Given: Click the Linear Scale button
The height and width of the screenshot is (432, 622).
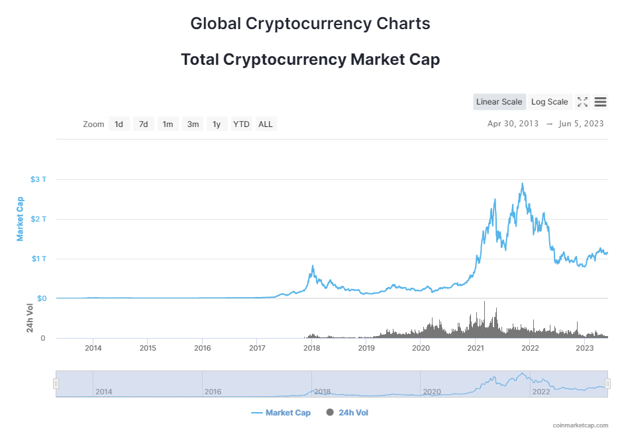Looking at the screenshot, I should [x=499, y=102].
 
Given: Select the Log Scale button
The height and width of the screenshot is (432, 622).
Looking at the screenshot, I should [x=549, y=102].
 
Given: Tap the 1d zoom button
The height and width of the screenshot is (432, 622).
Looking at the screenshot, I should [x=119, y=124].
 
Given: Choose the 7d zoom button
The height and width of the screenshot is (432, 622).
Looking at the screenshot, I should [x=143, y=124].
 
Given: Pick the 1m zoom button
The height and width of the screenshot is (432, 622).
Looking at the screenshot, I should [x=168, y=124].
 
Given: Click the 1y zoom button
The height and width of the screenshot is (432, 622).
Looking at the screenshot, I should [x=217, y=124].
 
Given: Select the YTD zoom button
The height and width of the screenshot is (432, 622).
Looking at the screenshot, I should [x=241, y=124].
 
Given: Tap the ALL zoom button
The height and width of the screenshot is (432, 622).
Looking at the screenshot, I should [x=266, y=124].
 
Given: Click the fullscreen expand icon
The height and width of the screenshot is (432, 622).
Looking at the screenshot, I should [x=583, y=102].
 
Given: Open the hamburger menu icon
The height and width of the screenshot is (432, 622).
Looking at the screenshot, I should [x=601, y=102].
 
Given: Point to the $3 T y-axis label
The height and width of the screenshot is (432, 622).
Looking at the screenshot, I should [x=38, y=179].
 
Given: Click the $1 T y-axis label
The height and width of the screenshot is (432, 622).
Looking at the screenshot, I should [x=38, y=259].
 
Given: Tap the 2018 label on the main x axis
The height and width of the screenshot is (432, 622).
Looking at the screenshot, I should [x=312, y=348].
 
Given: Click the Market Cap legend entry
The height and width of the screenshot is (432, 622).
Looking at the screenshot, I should [x=281, y=413].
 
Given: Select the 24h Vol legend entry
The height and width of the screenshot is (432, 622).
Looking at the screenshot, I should [x=348, y=413].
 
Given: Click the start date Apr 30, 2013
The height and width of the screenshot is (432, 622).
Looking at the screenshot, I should [x=513, y=124].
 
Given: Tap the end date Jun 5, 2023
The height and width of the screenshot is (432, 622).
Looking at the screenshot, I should [x=582, y=124].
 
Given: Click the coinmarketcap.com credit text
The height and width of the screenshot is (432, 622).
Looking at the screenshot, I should [x=580, y=425].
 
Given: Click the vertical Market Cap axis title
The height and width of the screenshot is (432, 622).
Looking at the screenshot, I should [x=21, y=219].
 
